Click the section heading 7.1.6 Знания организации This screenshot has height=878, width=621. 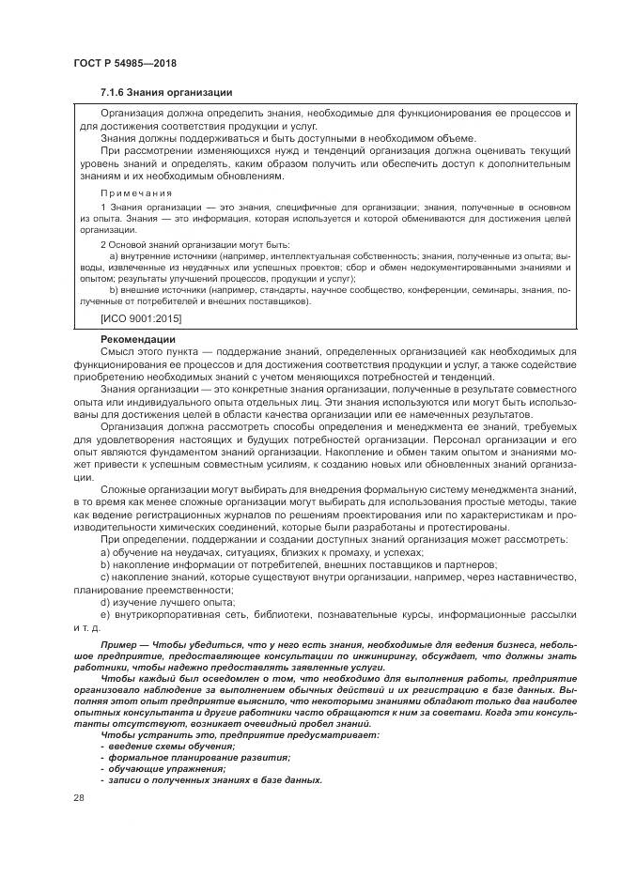click(x=166, y=92)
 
